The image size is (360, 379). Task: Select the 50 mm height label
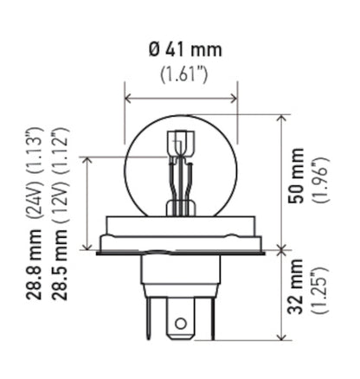coord(299,182)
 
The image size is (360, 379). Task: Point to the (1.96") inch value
coord(321,182)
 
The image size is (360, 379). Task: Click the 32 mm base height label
coord(299,292)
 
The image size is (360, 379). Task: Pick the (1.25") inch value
coord(321,292)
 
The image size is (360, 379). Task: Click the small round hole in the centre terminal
coord(181,324)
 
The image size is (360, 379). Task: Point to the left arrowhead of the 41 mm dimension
coord(128,96)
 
